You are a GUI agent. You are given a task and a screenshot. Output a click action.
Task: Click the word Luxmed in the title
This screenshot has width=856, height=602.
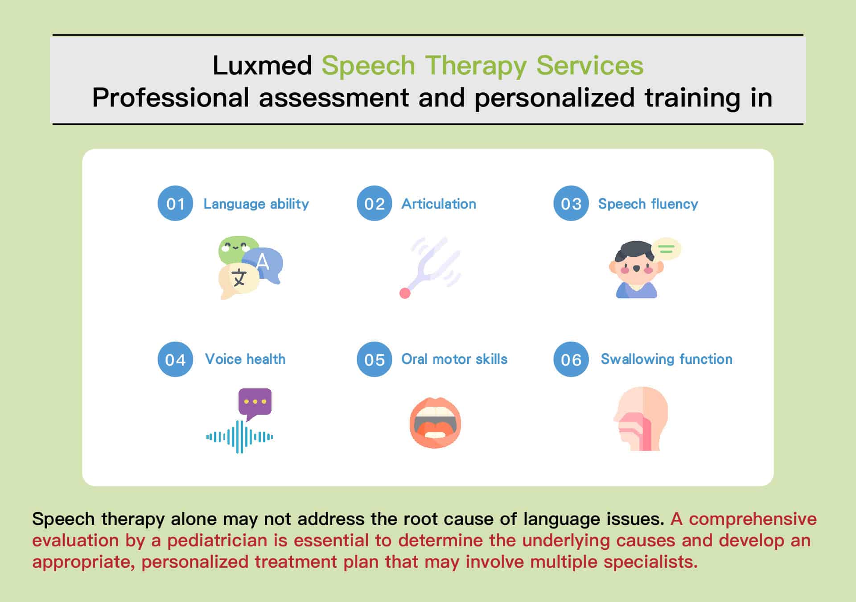[262, 66]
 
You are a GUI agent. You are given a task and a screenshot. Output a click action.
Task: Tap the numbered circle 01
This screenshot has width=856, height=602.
[175, 203]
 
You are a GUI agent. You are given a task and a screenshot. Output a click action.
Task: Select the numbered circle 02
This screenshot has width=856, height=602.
[374, 203]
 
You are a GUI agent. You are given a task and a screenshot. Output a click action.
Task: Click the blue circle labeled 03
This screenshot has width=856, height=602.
[571, 203]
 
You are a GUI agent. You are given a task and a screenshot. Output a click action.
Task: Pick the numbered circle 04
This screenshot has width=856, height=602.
[175, 359]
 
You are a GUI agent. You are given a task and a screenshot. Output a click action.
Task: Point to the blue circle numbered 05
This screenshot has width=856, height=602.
[374, 359]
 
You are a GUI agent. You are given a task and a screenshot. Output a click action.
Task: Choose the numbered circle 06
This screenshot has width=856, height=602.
[571, 359]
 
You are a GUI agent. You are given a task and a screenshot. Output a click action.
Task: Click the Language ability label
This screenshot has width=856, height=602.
[256, 204]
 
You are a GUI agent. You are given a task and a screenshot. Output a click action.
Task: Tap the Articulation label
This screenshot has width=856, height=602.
[439, 204]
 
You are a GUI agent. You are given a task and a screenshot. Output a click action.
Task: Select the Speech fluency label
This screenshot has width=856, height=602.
[648, 204]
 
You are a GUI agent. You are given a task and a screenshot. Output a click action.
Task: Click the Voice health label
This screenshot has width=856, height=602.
[245, 359]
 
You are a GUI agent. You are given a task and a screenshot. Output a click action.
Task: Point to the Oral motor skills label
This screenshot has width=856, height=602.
[454, 359]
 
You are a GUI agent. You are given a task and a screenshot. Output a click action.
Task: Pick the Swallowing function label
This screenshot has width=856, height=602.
[667, 359]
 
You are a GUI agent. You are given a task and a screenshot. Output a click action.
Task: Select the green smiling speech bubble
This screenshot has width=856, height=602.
[239, 250]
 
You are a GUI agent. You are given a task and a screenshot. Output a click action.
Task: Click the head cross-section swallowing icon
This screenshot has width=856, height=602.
[641, 418]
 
